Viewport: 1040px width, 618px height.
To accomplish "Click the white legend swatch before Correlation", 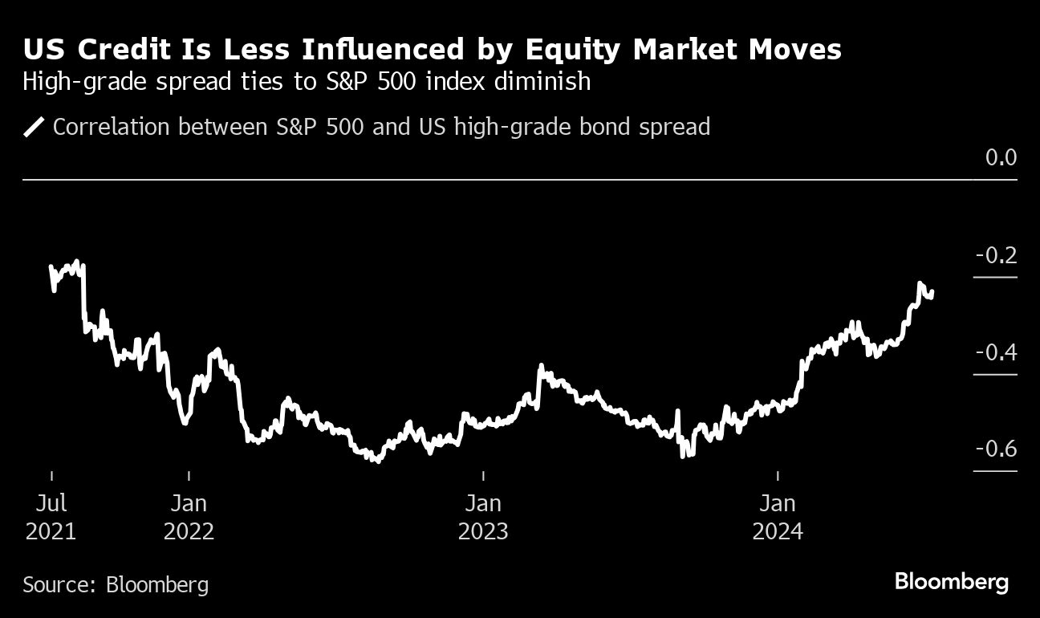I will tap(35, 127).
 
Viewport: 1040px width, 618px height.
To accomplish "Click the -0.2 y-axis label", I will tap(996, 256).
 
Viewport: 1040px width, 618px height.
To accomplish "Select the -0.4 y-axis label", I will tap(996, 352).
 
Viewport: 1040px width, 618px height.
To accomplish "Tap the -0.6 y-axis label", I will tap(996, 448).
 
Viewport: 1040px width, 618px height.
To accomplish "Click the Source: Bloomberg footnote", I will tap(116, 583).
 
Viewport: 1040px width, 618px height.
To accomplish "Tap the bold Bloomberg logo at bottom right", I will tap(951, 582).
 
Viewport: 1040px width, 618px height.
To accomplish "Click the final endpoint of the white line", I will tap(932, 293).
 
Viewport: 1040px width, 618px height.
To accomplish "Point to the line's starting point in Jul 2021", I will tap(51, 266).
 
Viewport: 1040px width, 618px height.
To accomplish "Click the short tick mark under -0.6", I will tap(995, 471).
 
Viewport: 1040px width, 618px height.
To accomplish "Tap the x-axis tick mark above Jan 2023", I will tap(483, 476).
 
